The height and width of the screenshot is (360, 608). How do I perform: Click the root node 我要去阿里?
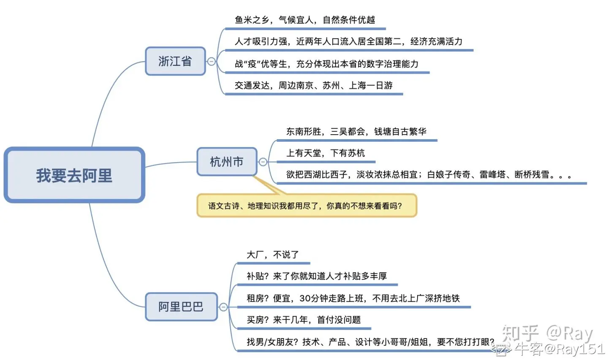74,175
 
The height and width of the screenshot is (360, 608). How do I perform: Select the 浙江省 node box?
175,61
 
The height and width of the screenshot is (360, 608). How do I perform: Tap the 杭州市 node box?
227,162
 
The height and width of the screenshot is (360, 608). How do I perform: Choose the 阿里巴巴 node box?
181,307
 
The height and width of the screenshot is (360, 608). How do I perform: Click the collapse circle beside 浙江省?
211,62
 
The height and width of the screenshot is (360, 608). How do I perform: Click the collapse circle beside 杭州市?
263,162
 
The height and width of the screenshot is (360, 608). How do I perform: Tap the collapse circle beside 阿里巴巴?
223,307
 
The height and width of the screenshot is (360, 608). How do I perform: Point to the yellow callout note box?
307,206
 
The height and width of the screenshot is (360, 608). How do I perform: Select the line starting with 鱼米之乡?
305,20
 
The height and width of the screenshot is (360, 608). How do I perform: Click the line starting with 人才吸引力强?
348,41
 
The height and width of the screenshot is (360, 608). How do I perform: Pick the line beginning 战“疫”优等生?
326,64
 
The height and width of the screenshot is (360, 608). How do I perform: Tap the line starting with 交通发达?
314,85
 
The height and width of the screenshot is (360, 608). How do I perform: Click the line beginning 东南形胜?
356,131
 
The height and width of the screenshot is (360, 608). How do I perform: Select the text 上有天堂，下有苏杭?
325,153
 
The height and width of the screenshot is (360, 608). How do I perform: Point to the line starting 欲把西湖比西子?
429,174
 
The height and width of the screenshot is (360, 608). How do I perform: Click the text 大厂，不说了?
272,254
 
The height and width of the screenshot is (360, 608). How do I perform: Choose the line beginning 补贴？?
317,276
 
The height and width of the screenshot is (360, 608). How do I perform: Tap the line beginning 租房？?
353,298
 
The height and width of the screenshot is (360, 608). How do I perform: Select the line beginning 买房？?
304,320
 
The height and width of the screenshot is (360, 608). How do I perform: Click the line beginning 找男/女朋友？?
370,342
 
